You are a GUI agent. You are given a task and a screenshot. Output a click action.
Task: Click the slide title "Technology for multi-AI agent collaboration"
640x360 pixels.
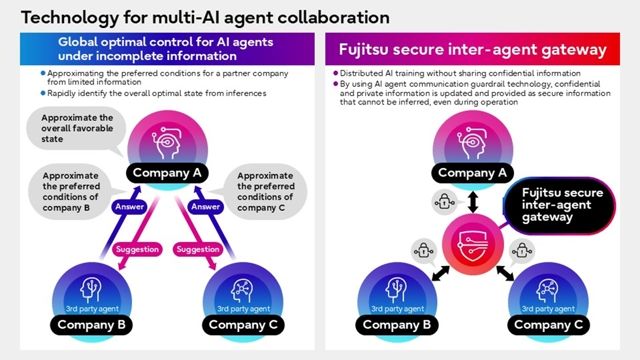click(205, 17)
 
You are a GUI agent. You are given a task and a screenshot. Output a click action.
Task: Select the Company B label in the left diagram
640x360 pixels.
click(95, 325)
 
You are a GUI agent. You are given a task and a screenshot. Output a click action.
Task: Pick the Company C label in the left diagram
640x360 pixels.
click(243, 325)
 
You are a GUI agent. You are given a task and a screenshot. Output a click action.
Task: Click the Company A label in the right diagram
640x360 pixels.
click(472, 173)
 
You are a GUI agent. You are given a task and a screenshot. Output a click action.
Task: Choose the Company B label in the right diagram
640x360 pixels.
click(396, 325)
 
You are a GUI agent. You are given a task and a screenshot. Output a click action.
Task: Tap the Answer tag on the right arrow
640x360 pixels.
click(205, 207)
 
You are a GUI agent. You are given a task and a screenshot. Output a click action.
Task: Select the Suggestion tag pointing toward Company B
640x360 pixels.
click(137, 249)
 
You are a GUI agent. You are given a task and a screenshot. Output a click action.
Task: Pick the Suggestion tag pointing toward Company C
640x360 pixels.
click(199, 249)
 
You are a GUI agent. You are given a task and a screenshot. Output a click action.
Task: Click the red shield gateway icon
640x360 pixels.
click(472, 245)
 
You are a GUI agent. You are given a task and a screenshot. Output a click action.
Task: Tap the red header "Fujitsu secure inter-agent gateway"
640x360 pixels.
click(472, 50)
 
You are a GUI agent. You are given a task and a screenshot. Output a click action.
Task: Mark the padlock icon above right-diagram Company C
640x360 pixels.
click(521, 250)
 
